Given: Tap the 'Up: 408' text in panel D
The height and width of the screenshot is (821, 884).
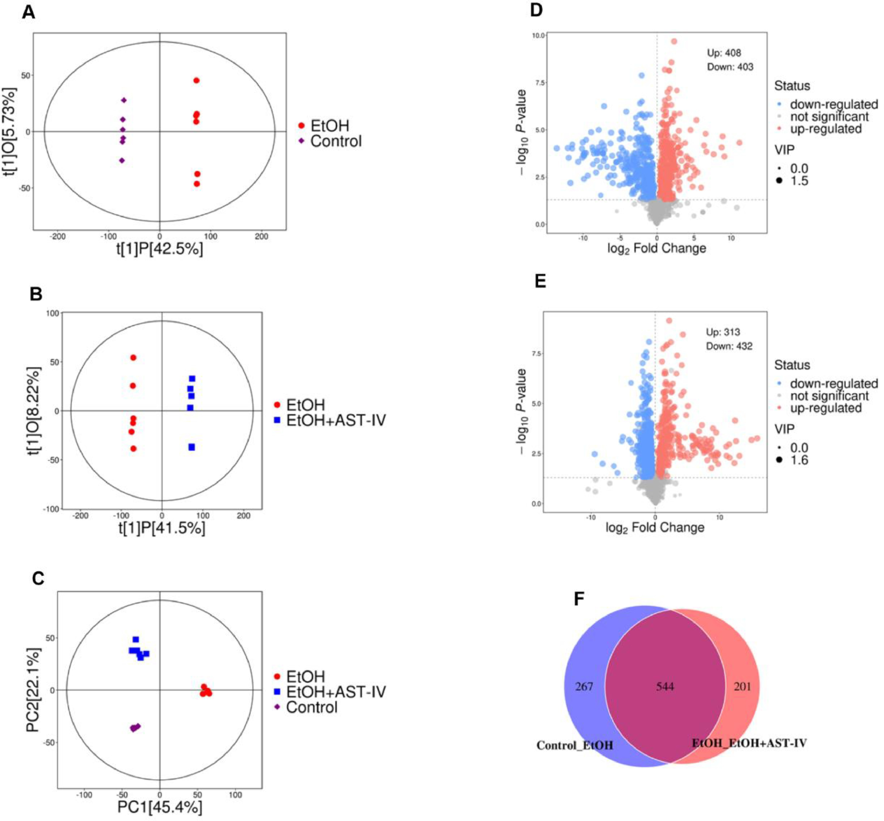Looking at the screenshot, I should click(x=724, y=53).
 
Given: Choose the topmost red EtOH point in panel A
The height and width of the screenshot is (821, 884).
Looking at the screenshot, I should click(x=196, y=80).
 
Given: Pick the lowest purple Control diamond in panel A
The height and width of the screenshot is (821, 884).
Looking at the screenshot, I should click(x=122, y=160).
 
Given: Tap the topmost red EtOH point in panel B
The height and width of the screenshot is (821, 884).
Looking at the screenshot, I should click(x=133, y=358).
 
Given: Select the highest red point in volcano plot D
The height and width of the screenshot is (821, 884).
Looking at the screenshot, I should click(x=674, y=41).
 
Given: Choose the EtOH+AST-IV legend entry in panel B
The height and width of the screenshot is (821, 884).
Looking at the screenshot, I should click(x=336, y=420).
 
